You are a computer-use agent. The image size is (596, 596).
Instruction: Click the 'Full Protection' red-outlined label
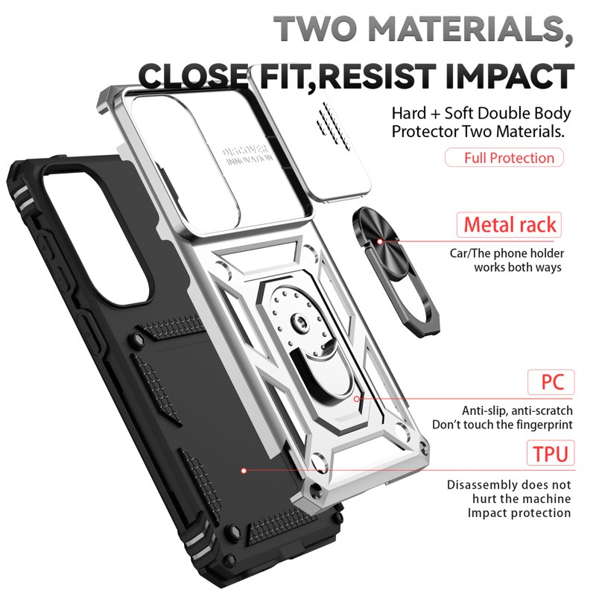coord(504,157)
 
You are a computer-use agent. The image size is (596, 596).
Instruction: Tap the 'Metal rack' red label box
coord(510,225)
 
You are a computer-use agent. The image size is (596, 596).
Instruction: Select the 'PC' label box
coord(551,382)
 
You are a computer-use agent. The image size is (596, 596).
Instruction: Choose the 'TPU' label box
coord(551,453)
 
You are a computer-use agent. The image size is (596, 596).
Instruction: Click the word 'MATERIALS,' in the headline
coord(470,30)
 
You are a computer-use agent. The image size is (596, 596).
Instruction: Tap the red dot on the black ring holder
coord(380,241)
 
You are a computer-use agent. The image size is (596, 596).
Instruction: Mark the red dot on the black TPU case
coord(244,471)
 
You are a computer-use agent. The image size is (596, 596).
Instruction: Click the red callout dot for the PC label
coord(357,399)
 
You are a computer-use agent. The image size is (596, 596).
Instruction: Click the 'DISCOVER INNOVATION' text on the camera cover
coord(247,155)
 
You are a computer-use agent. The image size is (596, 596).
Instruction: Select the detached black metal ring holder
coord(396,272)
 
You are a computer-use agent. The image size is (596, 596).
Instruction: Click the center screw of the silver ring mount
coord(300,323)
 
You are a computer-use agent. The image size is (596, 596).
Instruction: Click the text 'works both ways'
coord(518,267)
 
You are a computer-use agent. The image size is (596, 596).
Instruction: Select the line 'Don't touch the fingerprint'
coord(502,425)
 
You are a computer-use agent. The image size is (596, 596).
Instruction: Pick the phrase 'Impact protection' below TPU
coord(519,513)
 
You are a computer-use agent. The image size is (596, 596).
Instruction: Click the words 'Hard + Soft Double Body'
coord(481,113)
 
